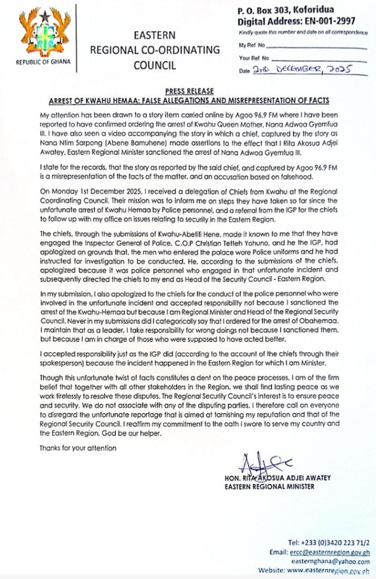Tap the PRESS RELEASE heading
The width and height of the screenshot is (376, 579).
click(188, 91)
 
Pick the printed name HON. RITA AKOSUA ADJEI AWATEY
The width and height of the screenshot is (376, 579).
click(277, 478)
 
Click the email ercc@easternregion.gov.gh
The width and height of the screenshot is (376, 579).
click(331, 552)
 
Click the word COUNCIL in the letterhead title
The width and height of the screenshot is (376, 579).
click(154, 65)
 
